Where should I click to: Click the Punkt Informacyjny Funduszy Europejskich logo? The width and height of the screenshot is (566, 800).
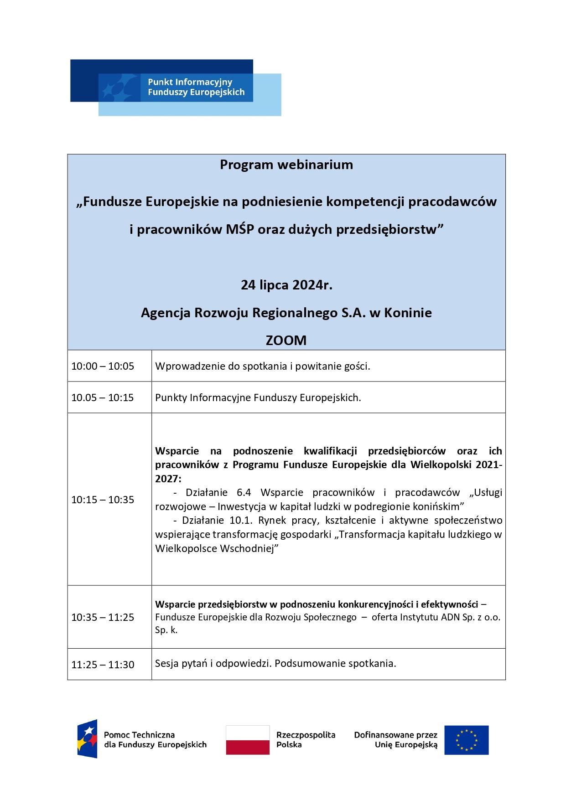(x=176, y=87)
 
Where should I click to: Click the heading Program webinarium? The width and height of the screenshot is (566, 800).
(x=286, y=165)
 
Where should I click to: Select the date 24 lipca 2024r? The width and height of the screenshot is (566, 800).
(x=286, y=285)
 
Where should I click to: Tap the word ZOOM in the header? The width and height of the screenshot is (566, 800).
(x=286, y=340)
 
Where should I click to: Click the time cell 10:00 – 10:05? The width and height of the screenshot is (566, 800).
(x=103, y=366)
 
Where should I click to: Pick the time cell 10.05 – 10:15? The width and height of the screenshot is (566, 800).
(x=103, y=397)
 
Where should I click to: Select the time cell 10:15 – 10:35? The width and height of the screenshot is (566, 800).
(x=103, y=500)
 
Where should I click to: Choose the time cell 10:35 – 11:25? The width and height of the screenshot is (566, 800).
(x=103, y=617)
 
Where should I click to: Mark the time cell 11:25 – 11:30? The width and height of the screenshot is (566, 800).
(x=103, y=665)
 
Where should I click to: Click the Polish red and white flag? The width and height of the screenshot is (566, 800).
(x=248, y=740)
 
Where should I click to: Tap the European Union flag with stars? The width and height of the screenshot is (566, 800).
(x=466, y=740)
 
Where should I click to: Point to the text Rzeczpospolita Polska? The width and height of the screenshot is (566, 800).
(x=306, y=739)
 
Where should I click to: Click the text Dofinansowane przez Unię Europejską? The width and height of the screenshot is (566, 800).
(x=395, y=739)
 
